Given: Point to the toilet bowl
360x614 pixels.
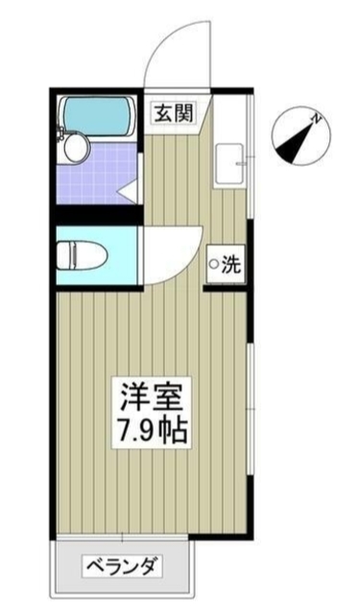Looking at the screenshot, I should [x=75, y=256].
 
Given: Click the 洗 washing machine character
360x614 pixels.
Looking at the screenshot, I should [x=231, y=267].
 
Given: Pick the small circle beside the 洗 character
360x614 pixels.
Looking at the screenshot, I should [x=215, y=267].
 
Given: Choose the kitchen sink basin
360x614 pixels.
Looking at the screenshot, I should [x=228, y=164].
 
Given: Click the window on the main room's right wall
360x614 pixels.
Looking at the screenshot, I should [x=252, y=403].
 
